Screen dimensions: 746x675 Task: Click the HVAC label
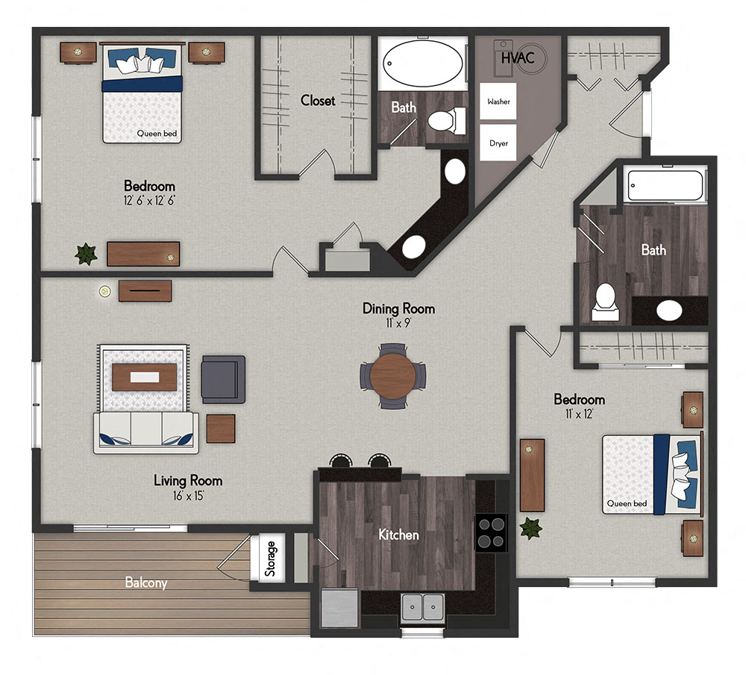(x=517, y=58)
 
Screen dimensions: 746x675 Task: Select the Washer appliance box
(x=498, y=101)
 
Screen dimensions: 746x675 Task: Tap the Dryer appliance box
(x=498, y=143)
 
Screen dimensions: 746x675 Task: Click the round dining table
(x=393, y=376)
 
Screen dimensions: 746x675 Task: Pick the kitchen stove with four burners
(x=492, y=532)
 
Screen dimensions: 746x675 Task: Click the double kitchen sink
(x=422, y=607)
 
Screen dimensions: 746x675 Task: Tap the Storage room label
(x=271, y=558)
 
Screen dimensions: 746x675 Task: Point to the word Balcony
(x=146, y=583)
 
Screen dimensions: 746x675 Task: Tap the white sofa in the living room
(x=146, y=433)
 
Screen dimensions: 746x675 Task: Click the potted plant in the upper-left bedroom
(x=87, y=254)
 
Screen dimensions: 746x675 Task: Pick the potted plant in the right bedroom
(x=530, y=528)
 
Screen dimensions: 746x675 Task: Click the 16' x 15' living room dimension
(x=188, y=495)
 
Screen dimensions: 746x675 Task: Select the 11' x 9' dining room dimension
(x=398, y=323)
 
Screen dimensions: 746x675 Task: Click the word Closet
(x=318, y=100)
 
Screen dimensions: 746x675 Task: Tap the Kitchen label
(x=398, y=535)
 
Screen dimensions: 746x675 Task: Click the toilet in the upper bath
(x=448, y=120)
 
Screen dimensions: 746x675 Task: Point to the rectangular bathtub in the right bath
(x=665, y=186)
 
